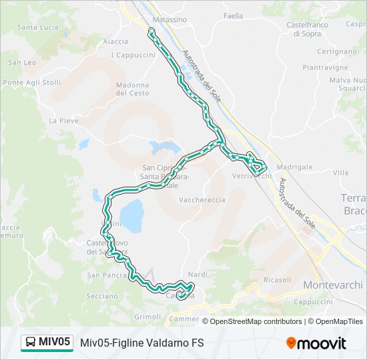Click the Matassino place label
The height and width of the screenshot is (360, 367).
pyautogui.click(x=169, y=20)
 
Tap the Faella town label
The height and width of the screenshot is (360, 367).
pyautogui.click(x=234, y=16)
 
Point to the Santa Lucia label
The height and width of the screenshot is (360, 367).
pyautogui.click(x=38, y=27)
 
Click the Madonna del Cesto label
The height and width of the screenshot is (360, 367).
pyautogui.click(x=132, y=89)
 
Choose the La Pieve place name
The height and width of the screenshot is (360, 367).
pyautogui.click(x=63, y=121)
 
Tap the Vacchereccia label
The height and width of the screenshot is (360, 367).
pyautogui.click(x=202, y=199)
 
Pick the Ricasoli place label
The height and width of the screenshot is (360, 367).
pyautogui.click(x=277, y=280)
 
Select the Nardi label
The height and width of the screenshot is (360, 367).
pyautogui.click(x=198, y=275)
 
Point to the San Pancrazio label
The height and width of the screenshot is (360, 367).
pyautogui.click(x=107, y=275)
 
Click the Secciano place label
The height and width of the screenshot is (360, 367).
pyautogui.click(x=101, y=296)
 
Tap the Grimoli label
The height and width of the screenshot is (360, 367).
pyautogui.click(x=147, y=316)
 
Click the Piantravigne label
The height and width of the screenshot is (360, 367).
pyautogui.click(x=325, y=67)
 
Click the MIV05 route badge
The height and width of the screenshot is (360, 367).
pyautogui.click(x=47, y=343)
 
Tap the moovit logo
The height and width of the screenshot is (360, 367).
pyautogui.click(x=316, y=343)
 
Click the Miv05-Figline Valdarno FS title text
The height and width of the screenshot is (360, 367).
pyautogui.click(x=141, y=343)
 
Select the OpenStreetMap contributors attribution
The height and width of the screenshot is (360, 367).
pyautogui.click(x=255, y=321)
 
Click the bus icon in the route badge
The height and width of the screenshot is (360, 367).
pyautogui.click(x=31, y=343)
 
